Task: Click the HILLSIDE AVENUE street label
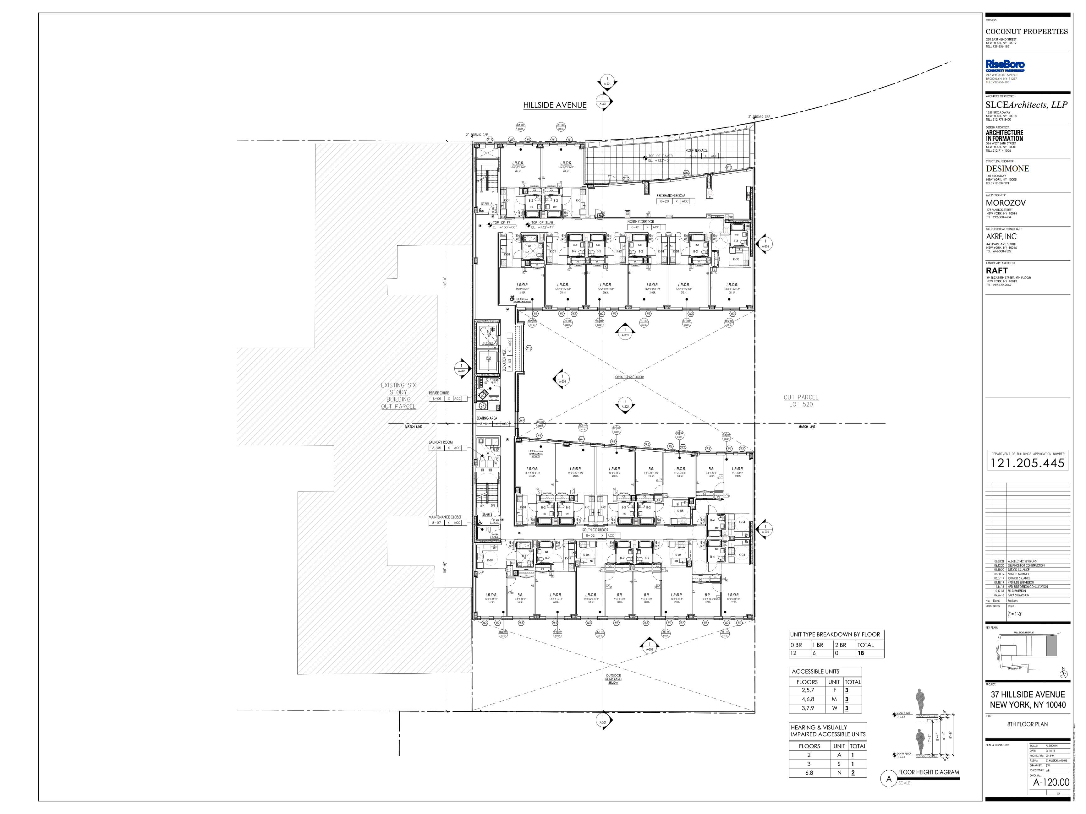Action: pos(554,105)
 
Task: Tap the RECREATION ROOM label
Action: pos(670,196)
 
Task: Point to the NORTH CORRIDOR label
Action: pos(640,222)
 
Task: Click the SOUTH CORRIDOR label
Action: pos(595,530)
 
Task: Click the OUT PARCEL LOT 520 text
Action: pos(801,401)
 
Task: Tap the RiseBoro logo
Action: pos(1005,65)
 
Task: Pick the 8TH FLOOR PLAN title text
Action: pos(1027,724)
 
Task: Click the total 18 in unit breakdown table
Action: pos(861,653)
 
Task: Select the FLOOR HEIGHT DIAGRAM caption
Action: pos(928,772)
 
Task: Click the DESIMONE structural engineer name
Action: pos(1007,169)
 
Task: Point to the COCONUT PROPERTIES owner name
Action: pos(1026,31)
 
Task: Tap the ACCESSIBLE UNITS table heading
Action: pos(815,671)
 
